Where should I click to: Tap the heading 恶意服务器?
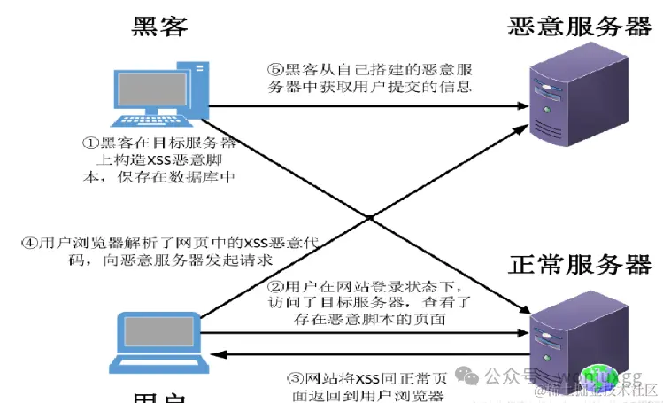[x=580, y=26]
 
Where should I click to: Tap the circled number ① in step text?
[x=89, y=142]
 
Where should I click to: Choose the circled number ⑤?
[x=275, y=69]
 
